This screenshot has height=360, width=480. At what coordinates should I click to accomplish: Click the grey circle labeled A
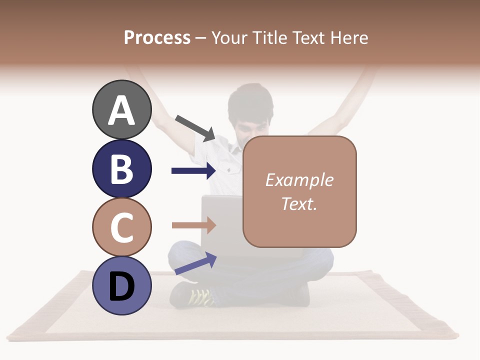click(121, 109)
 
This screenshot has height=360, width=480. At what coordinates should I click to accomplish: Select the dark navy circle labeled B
click(121, 168)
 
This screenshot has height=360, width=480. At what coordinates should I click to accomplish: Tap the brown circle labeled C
click(121, 227)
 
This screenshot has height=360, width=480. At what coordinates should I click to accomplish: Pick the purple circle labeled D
click(121, 285)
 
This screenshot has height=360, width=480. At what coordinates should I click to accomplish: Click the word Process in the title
click(157, 37)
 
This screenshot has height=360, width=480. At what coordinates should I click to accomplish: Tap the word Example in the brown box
click(299, 180)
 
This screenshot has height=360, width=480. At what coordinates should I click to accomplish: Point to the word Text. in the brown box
click(299, 203)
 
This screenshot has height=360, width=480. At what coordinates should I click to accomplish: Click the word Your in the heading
click(229, 37)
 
